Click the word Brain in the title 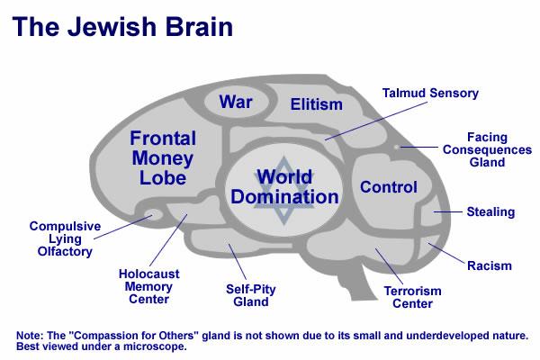[x=200, y=27]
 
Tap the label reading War [x=236, y=102]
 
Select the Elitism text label [x=317, y=104]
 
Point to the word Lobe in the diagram [x=163, y=178]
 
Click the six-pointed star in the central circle [x=283, y=190]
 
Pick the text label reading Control [x=389, y=187]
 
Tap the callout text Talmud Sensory [x=430, y=93]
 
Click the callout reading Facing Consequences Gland [x=487, y=150]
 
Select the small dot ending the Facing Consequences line [x=396, y=147]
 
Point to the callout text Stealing [x=490, y=211]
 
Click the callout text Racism [x=490, y=265]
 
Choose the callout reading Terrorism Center [x=412, y=297]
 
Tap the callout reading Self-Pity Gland [x=251, y=295]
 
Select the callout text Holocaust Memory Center [x=148, y=286]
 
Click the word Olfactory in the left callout [x=65, y=251]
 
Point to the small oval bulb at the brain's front [x=153, y=215]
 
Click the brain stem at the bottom [x=358, y=281]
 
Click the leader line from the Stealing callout [x=447, y=211]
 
